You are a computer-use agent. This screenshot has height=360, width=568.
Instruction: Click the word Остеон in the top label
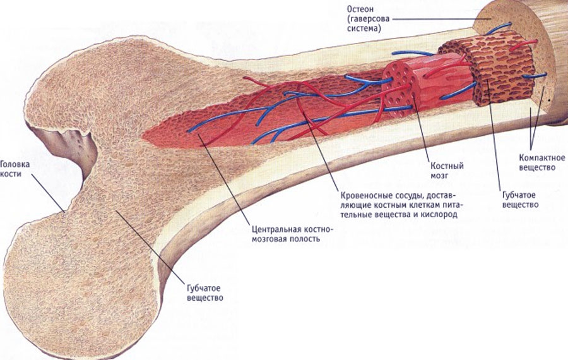click(x=360, y=9)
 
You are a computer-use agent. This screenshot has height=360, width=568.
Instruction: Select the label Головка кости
click(x=15, y=169)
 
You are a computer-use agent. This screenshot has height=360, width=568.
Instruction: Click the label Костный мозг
click(x=447, y=171)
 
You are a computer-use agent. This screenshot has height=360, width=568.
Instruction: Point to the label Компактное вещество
click(x=542, y=163)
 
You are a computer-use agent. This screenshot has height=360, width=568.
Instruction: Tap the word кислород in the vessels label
click(x=441, y=214)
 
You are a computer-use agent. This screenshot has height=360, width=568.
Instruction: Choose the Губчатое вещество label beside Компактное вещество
click(x=520, y=200)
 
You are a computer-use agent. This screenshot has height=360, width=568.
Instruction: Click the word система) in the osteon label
click(x=364, y=28)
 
